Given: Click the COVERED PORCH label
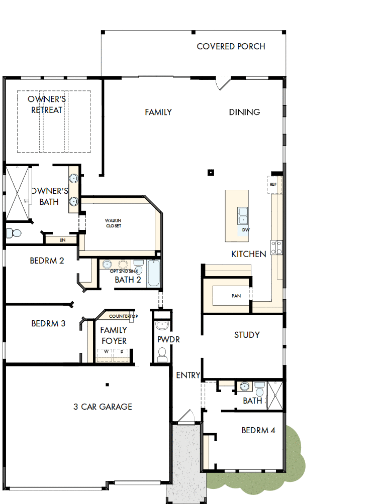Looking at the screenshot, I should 231,47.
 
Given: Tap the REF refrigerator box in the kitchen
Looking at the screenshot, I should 273,184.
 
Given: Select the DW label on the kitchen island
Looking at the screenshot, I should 246,230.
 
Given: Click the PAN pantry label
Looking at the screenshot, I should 236,296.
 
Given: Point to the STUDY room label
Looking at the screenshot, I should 247,335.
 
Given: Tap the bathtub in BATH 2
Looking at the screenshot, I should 153,274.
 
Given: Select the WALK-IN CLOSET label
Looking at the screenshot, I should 113,223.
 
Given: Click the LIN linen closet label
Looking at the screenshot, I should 62,240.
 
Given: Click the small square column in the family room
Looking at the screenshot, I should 211,173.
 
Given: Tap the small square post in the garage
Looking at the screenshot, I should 107,385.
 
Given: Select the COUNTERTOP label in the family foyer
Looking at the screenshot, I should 123,316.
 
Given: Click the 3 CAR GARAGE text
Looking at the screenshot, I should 103,407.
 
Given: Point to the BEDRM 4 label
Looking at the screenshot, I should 258,430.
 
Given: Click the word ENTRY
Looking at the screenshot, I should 188,375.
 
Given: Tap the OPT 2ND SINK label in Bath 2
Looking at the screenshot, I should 121,271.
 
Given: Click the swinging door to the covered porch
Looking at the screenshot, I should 224,83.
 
